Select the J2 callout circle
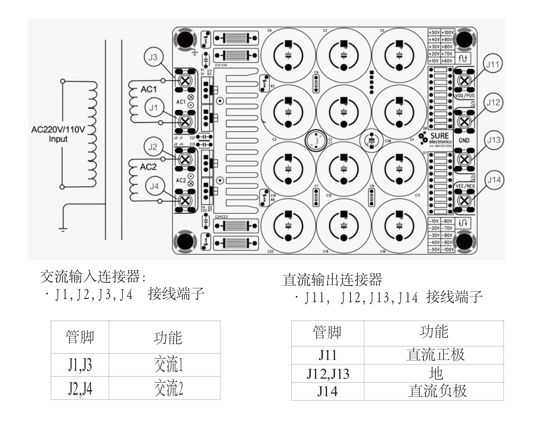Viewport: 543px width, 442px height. click(152, 147)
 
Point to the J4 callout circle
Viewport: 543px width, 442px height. click(154, 186)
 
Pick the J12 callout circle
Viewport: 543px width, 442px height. click(493, 102)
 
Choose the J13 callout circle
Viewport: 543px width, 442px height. click(494, 140)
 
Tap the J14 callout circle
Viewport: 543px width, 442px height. click(494, 180)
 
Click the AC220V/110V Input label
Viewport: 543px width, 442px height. click(58, 134)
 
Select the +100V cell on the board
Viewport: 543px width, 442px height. click(448, 32)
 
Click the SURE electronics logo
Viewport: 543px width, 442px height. click(435, 139)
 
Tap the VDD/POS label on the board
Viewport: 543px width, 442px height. click(465, 96)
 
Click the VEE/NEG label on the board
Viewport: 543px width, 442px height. click(465, 186)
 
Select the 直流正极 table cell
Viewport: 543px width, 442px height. click(435, 355)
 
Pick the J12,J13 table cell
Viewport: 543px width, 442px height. click(328, 374)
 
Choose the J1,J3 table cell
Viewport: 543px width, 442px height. click(80, 365)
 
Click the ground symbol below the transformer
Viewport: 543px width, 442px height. click(63, 229)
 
